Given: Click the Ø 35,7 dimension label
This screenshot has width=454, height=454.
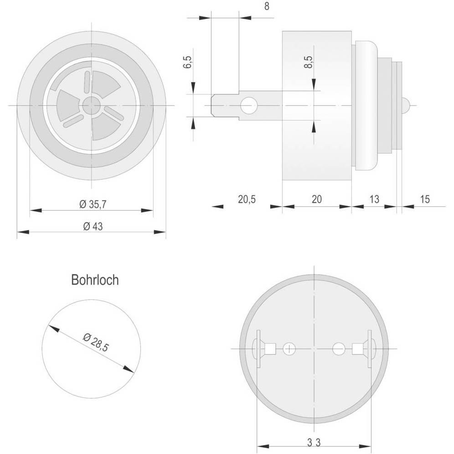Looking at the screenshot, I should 93,205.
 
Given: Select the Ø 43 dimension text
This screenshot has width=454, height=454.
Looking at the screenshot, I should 93,227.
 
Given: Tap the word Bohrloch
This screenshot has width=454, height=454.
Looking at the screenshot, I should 95,280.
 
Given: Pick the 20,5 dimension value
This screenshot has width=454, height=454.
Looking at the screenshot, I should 247,199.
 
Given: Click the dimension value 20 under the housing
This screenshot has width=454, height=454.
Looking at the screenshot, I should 316,199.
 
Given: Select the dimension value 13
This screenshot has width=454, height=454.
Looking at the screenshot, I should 374,199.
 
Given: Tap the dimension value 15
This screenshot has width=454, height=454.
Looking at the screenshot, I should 424,199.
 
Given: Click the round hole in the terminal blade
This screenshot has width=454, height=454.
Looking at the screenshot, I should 248,106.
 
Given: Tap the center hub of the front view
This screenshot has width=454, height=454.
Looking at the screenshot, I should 92,105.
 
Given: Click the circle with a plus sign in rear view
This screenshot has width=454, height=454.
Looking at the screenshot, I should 289,349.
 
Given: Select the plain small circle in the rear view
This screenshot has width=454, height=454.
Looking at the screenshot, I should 339,349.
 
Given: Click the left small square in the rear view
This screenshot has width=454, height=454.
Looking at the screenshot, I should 270,349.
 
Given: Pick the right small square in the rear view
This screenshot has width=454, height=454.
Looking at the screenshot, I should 358,349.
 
